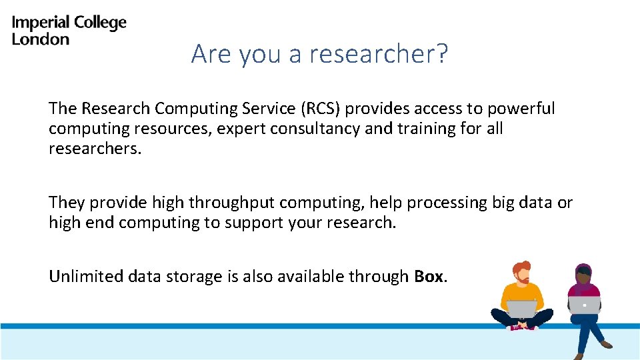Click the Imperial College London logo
click(x=69, y=31)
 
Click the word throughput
click(x=230, y=203)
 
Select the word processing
click(x=447, y=203)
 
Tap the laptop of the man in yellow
click(x=521, y=309)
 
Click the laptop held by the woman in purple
click(x=584, y=305)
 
